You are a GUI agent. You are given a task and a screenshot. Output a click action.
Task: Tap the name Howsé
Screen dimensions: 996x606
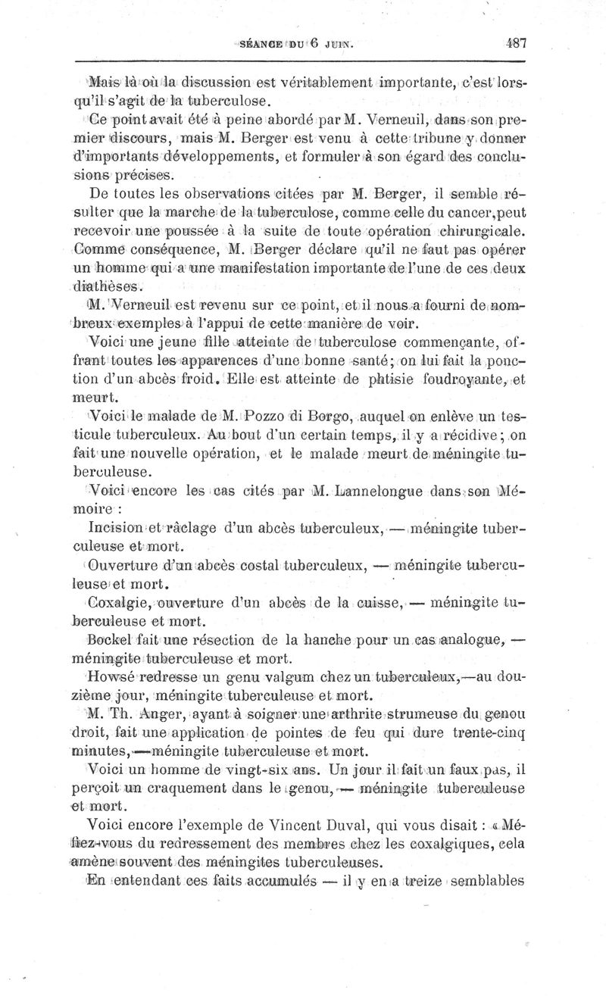pos(111,676)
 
